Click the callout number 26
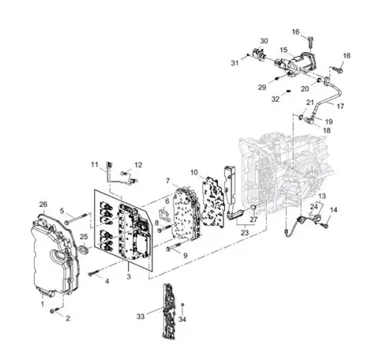click(43, 204)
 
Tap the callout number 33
click(141, 316)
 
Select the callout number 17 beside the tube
click(340, 106)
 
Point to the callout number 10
click(194, 173)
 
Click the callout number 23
click(245, 233)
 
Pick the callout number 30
click(264, 41)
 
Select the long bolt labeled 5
click(77, 219)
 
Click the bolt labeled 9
click(174, 247)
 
